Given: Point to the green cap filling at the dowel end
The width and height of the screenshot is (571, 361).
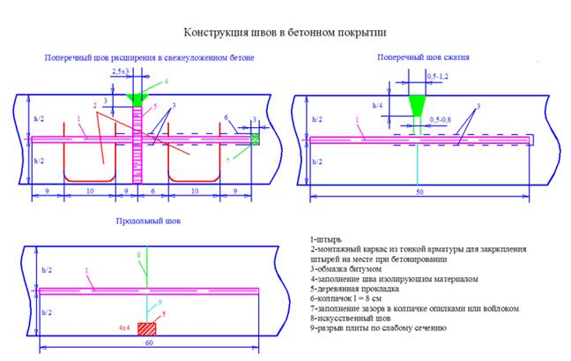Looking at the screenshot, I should pyautogui.click(x=255, y=139).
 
